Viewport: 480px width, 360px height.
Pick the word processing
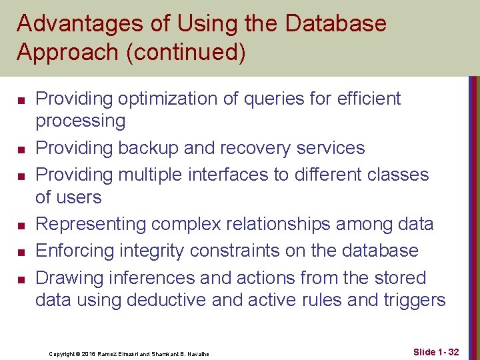click(80, 121)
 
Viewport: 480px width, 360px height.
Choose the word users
click(79, 197)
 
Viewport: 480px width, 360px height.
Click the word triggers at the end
click(413, 301)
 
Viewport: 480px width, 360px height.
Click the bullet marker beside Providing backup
click(21, 148)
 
